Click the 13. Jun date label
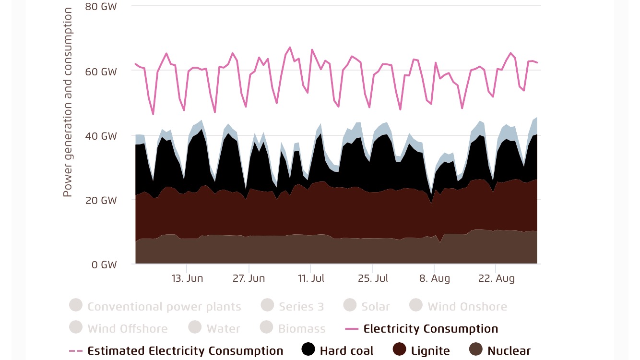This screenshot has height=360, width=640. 187,278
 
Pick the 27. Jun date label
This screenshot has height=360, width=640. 249,278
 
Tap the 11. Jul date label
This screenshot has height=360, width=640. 310,278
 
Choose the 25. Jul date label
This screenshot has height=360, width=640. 372,278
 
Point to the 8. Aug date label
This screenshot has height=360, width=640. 434,278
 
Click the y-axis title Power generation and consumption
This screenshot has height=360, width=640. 68,102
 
